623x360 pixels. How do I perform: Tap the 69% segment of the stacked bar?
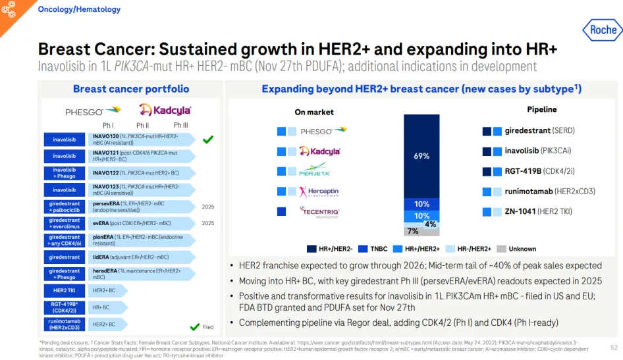click(x=421, y=156)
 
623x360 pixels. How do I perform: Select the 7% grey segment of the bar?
click(x=413, y=231)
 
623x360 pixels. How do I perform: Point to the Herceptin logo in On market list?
click(x=319, y=192)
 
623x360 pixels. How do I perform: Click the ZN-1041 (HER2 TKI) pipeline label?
click(x=538, y=212)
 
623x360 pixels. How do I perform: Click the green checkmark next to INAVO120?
click(x=208, y=140)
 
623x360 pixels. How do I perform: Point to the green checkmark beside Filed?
click(x=194, y=326)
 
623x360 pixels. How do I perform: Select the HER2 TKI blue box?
click(x=64, y=290)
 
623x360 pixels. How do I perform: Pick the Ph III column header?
click(x=180, y=125)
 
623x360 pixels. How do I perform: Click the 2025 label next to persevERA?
click(x=208, y=207)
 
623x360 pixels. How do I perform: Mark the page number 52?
click(x=614, y=347)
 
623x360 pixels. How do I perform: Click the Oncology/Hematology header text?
click(x=79, y=9)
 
